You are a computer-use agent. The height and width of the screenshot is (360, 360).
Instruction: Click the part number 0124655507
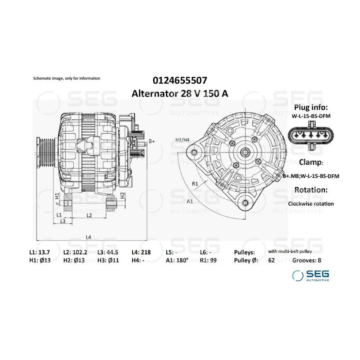[180, 80]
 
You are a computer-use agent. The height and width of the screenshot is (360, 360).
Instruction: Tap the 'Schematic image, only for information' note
[66, 78]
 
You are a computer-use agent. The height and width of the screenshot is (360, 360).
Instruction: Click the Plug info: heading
[311, 107]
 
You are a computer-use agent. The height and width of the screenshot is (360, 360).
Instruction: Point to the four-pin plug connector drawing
[311, 136]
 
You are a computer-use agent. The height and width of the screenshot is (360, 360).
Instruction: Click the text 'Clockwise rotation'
[311, 204]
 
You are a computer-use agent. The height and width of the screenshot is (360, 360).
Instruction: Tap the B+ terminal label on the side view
[152, 141]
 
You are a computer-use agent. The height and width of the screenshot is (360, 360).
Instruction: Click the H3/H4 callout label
[182, 140]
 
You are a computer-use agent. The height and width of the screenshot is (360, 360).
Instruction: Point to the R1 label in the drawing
[195, 184]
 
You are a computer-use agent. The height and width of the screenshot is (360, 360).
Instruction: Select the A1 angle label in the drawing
[190, 201]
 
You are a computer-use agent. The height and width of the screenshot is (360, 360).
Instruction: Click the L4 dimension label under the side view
[88, 237]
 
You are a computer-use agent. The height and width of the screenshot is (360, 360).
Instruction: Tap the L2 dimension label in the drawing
[89, 216]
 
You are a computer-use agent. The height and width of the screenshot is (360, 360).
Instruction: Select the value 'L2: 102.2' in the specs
[75, 252]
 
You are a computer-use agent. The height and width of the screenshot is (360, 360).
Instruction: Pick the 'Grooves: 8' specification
[306, 260]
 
